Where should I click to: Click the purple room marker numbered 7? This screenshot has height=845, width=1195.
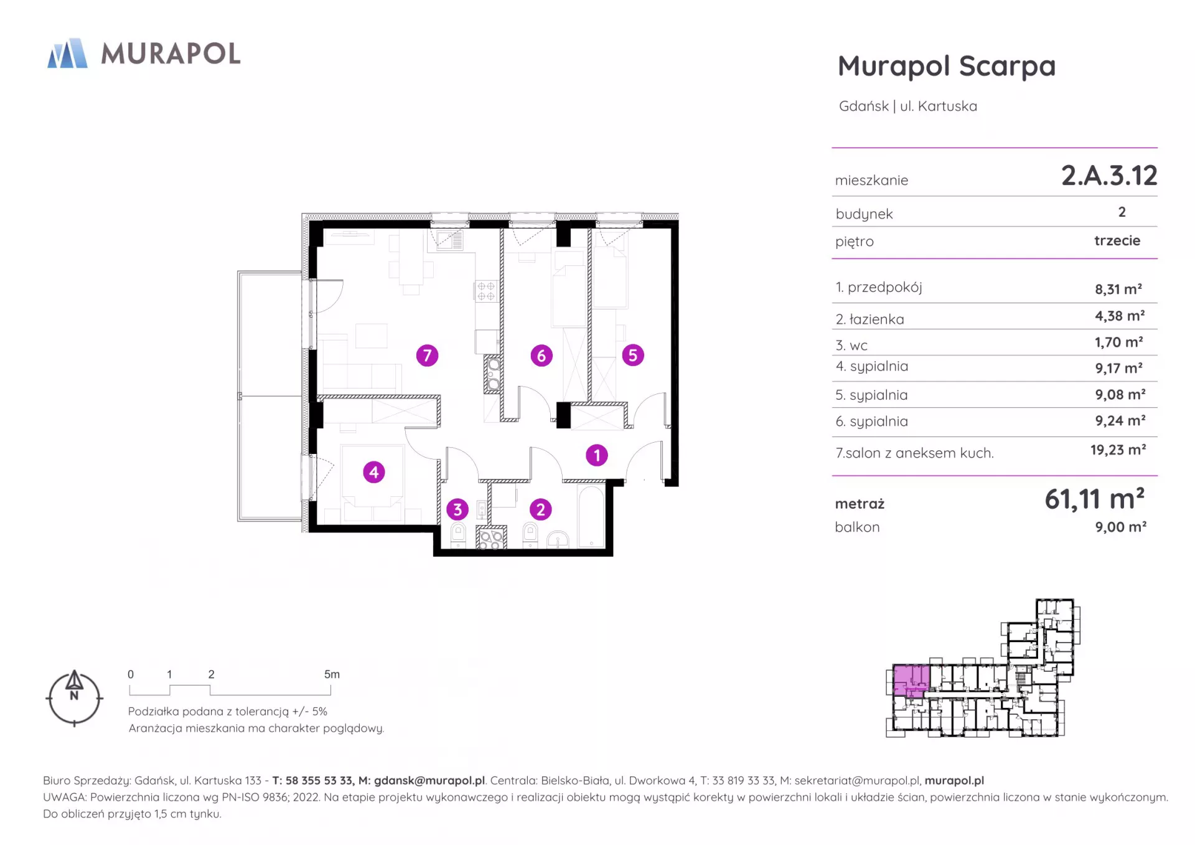[427, 356]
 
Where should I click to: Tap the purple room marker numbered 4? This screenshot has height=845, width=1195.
[373, 472]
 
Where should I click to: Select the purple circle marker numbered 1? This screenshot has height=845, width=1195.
[596, 455]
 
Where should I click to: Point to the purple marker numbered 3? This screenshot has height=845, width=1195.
[457, 509]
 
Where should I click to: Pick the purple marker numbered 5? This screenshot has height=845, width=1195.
[633, 355]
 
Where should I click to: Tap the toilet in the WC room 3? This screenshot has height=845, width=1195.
[458, 535]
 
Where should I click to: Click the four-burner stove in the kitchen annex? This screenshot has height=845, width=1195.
[486, 291]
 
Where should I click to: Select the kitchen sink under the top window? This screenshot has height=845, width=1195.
[449, 240]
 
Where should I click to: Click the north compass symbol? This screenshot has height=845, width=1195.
[74, 698]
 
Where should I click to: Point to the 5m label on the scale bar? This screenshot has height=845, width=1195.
[332, 674]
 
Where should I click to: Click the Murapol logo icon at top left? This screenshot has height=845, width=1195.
[67, 53]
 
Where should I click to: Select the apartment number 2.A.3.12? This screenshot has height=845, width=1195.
[1109, 176]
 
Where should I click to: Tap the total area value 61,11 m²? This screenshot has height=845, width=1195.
[1095, 499]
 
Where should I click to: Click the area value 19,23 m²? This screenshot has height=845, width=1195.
[1118, 450]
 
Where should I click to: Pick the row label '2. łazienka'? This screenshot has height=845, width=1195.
[869, 319]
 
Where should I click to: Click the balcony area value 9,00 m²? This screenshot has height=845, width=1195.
[1120, 527]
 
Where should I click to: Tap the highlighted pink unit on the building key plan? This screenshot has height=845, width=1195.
[911, 679]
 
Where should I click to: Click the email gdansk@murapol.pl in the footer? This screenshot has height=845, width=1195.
[429, 780]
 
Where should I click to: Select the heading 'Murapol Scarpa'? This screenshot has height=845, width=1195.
[947, 67]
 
